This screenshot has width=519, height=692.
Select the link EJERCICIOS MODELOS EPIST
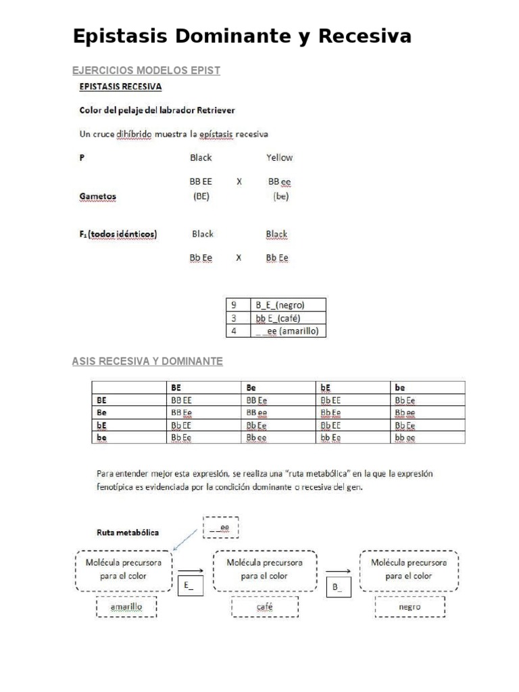tap(146, 71)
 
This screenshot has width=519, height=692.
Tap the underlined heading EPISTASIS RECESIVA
tap(120, 86)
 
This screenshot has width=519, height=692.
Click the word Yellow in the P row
tap(279, 157)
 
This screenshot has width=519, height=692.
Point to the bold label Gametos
tap(97, 197)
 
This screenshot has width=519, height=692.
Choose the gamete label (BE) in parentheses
tap(201, 197)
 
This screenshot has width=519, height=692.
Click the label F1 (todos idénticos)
tap(119, 234)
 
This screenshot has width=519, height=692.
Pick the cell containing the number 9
tap(234, 305)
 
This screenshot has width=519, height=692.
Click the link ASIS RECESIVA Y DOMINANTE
tap(147, 362)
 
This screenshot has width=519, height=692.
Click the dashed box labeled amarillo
tap(126, 607)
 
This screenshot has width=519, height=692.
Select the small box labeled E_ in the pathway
tap(189, 586)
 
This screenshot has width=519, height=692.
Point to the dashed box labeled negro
tap(410, 607)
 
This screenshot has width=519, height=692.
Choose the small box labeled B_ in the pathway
tap(339, 587)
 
